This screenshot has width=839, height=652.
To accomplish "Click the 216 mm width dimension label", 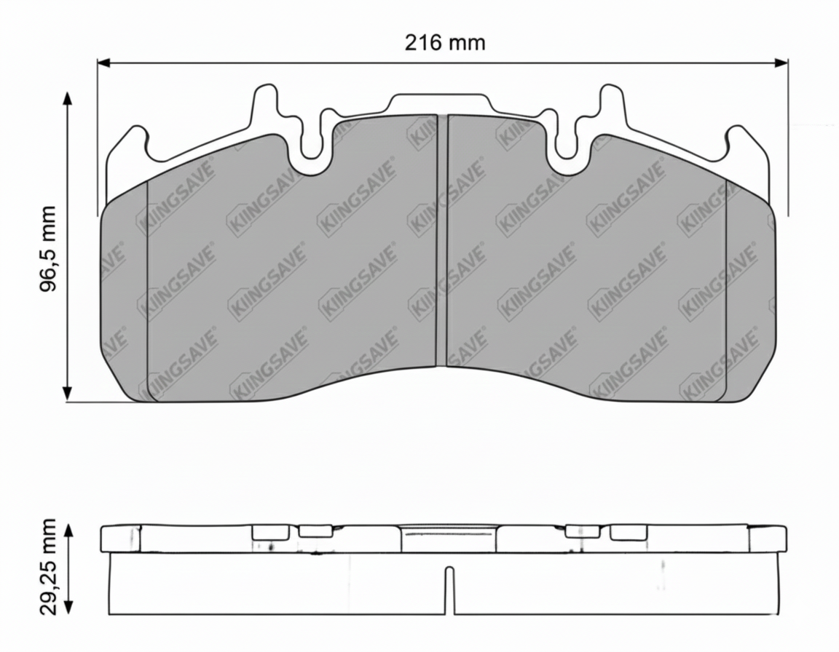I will tap(444, 42).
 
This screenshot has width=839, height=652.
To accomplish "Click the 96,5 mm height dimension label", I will tap(48, 248).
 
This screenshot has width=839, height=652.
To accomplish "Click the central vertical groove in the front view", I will tap(441, 240).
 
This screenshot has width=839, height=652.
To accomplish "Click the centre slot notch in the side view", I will tap(449, 589).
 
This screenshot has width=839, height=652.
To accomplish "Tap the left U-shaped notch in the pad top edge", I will tap(312, 146).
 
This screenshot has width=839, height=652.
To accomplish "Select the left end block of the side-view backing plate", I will tap(119, 538).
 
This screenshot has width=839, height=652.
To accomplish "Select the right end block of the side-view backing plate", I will tap(767, 538).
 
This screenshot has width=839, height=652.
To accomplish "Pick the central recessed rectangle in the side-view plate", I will tap(449, 540).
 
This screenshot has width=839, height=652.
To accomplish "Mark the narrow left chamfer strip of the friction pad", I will tap(124, 291).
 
